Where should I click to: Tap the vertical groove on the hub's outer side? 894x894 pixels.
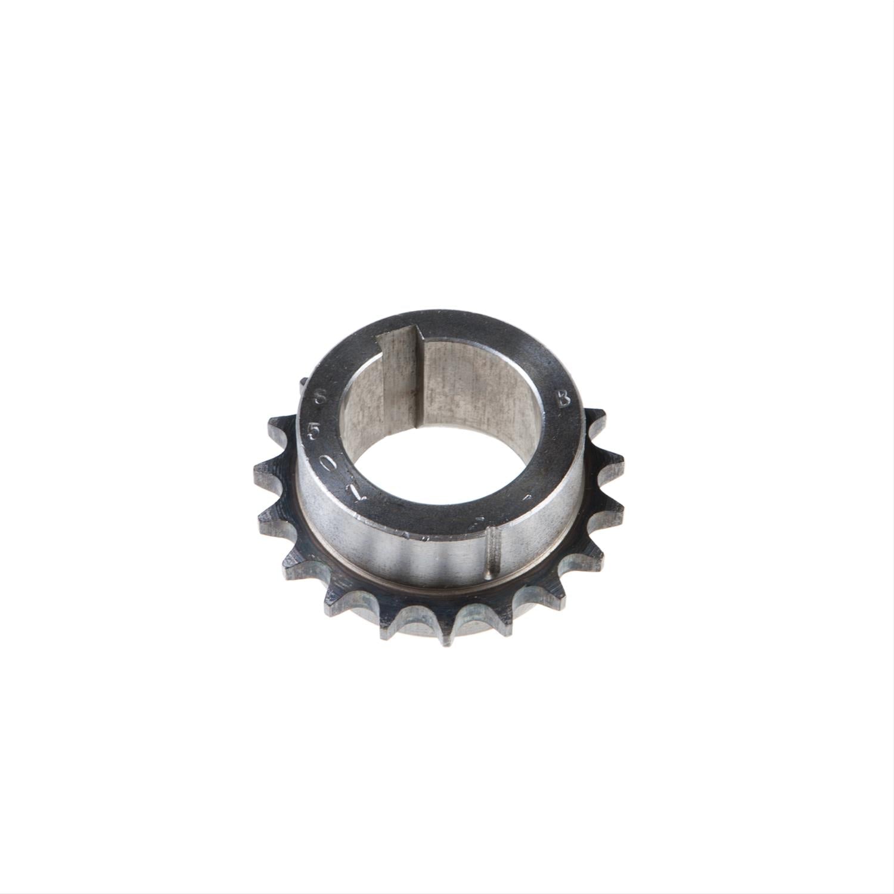pos(494,551)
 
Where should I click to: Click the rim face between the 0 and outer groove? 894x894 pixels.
pos(417,524)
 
